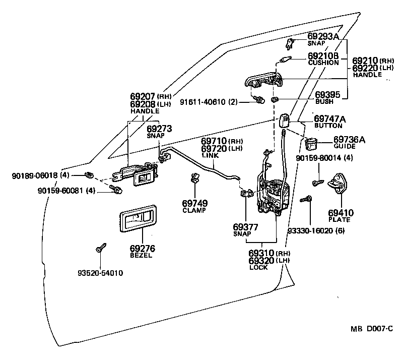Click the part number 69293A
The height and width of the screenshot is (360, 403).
click(323, 37)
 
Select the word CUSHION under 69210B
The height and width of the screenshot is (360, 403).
click(323, 63)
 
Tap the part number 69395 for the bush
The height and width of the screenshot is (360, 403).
click(327, 94)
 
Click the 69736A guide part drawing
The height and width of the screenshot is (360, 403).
click(312, 143)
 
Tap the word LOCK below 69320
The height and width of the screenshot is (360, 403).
click(258, 267)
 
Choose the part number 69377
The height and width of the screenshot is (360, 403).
click(246, 227)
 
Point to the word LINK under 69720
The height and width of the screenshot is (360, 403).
click(209, 156)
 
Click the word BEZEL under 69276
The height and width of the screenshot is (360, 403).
click(142, 256)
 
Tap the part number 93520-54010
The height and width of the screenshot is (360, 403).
click(100, 273)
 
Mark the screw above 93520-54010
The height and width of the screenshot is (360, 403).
click(99, 248)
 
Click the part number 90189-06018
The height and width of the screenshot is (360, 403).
click(34, 175)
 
